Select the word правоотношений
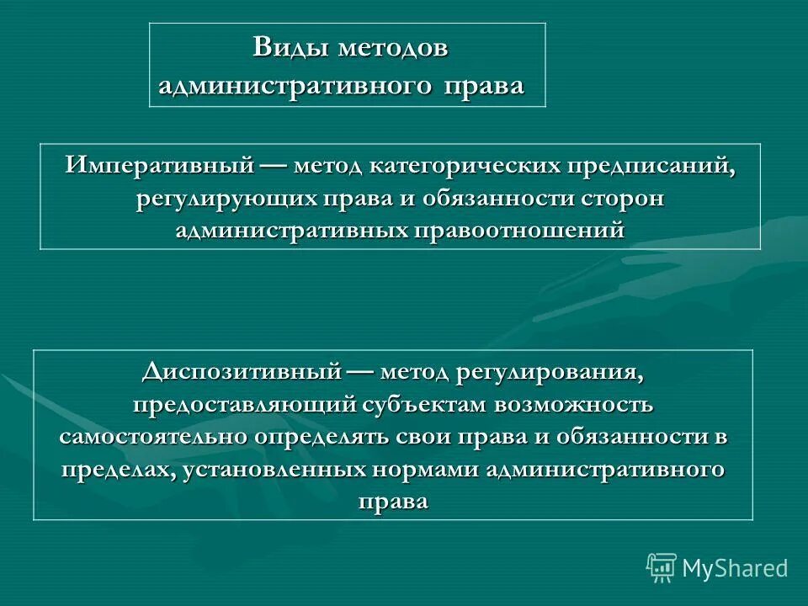point(518,229)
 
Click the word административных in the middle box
point(291,229)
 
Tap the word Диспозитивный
point(241,371)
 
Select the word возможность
point(573,404)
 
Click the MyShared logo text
point(734,568)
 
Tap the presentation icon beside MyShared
point(662,568)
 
